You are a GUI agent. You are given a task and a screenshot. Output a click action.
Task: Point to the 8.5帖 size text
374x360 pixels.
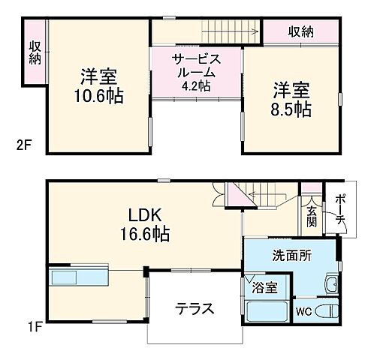(292, 109)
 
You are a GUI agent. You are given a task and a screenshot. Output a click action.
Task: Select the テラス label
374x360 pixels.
(195, 308)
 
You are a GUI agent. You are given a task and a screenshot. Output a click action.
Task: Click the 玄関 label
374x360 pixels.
(312, 213)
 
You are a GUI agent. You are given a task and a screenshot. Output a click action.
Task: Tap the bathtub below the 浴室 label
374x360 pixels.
(265, 311)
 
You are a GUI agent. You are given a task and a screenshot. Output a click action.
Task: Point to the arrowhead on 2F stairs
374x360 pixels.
(248, 32)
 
